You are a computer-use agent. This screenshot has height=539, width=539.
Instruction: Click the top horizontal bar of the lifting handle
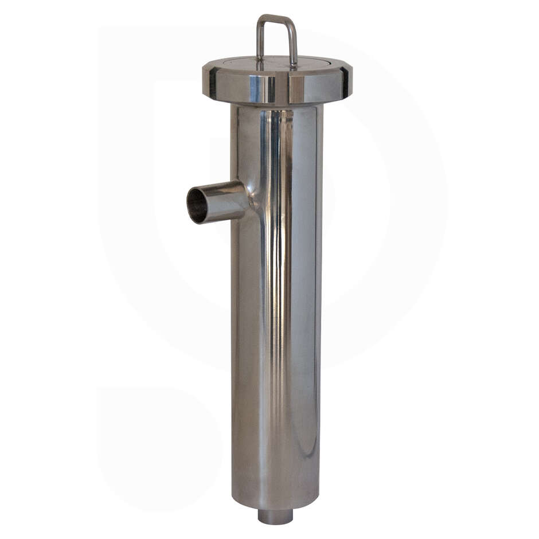(276, 18)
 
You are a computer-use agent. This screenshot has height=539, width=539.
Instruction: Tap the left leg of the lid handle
(259, 40)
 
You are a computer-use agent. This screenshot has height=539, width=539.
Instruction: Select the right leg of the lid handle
(294, 43)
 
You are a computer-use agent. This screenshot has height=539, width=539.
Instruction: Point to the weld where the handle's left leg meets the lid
(259, 61)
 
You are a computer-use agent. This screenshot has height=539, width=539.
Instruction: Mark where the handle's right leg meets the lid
(294, 65)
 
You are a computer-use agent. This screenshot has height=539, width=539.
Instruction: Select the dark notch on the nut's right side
(345, 82)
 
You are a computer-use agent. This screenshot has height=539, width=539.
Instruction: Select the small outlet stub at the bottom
(275, 516)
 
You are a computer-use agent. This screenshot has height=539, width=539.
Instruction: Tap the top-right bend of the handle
(294, 21)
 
